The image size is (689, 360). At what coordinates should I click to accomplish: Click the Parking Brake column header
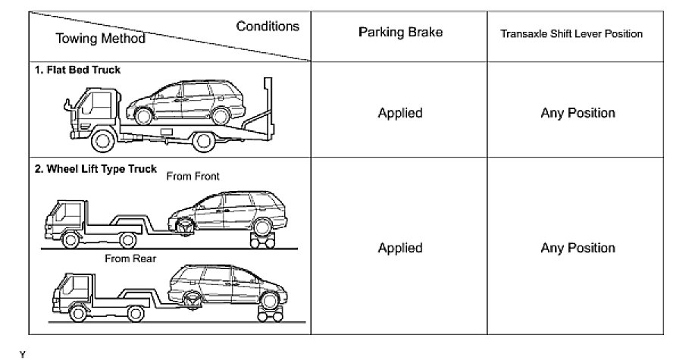tap(399, 33)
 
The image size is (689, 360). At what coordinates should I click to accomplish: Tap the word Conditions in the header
tap(268, 27)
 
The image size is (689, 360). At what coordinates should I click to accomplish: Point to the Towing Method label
tap(100, 38)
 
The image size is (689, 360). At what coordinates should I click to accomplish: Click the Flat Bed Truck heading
tap(78, 70)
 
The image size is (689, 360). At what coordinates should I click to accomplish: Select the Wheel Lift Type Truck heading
tap(95, 170)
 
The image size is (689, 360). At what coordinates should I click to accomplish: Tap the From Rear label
tap(130, 259)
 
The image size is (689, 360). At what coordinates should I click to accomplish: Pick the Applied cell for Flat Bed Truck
tap(399, 113)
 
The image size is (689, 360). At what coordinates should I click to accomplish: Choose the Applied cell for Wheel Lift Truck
tap(399, 248)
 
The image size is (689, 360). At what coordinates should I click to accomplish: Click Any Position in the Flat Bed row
tap(578, 113)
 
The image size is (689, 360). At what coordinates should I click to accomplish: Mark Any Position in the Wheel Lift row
tap(578, 248)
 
